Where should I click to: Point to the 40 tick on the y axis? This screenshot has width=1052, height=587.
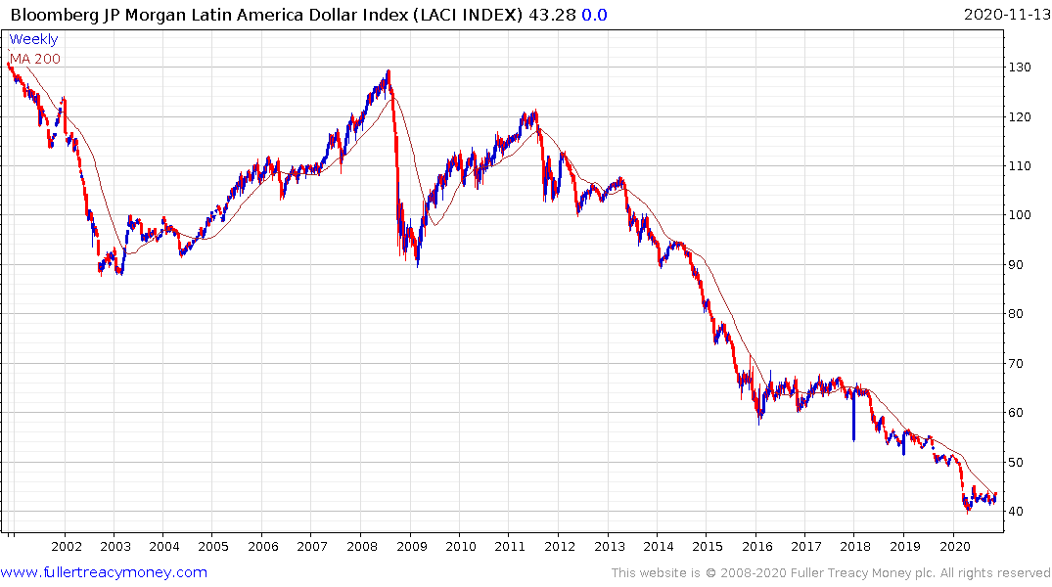(1020, 511)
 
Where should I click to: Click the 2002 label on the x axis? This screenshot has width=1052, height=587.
(66, 547)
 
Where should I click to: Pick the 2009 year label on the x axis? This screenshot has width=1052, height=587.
(411, 547)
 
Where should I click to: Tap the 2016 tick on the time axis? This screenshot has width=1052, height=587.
(756, 547)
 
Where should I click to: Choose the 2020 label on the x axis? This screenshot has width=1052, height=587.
(954, 547)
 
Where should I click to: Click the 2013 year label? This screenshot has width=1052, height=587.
(609, 547)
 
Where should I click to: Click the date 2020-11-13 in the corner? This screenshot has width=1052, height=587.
(1005, 15)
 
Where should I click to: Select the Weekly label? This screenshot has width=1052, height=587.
(33, 39)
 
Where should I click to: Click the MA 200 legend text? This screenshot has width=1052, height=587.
(35, 59)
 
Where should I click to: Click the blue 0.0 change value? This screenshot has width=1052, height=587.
(595, 15)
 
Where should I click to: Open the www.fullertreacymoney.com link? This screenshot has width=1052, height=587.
(104, 572)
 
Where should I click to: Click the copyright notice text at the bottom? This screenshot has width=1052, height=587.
(831, 572)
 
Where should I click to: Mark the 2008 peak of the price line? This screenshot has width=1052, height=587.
(389, 70)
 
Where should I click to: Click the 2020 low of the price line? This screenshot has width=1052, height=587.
(968, 511)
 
